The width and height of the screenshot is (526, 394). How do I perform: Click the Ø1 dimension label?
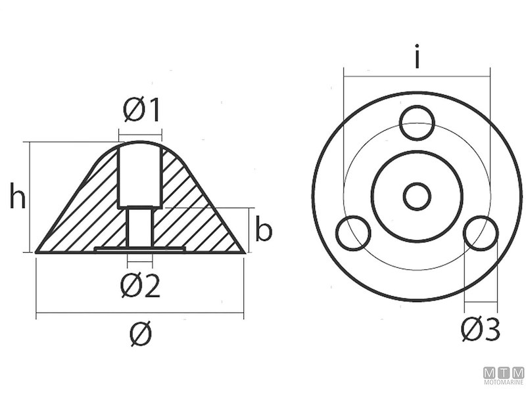141,111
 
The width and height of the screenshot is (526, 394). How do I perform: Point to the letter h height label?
18,196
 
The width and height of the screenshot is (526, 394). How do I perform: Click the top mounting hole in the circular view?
418,123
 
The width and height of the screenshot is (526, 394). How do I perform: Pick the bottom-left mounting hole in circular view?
353,234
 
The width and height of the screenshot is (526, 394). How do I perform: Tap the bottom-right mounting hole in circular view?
481,234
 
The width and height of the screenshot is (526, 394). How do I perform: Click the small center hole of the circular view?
417,196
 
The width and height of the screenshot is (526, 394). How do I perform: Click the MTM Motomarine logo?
504,376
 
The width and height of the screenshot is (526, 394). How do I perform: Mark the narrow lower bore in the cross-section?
139,227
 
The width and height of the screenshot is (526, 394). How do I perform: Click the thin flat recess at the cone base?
139,249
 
